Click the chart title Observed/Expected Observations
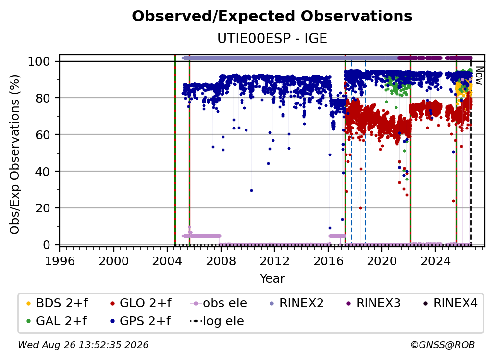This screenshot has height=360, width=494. click(272, 16)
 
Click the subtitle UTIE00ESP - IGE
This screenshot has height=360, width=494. click(272, 38)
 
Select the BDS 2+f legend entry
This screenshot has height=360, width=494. click(57, 303)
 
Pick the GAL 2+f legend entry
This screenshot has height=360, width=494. click(56, 321)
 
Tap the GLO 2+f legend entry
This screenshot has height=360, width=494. click(141, 303)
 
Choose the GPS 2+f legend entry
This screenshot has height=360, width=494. click(140, 321)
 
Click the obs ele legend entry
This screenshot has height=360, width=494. click(219, 303)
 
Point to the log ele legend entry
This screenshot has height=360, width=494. click(217, 321)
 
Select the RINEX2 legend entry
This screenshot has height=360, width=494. click(297, 303)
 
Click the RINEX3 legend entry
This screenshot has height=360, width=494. click(373, 303)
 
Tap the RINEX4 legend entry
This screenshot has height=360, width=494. click(450, 303)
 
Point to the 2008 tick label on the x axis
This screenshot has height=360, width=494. click(221, 261)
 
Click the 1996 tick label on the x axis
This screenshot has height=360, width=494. click(60, 261)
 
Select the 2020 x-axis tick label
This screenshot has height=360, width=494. click(381, 261)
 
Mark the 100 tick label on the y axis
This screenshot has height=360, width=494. click(39, 61)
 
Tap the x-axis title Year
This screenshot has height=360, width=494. click(272, 279)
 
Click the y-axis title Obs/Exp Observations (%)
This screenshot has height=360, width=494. click(15, 154)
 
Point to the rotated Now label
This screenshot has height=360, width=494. click(479, 76)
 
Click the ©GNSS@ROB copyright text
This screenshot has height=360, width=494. click(443, 345)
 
